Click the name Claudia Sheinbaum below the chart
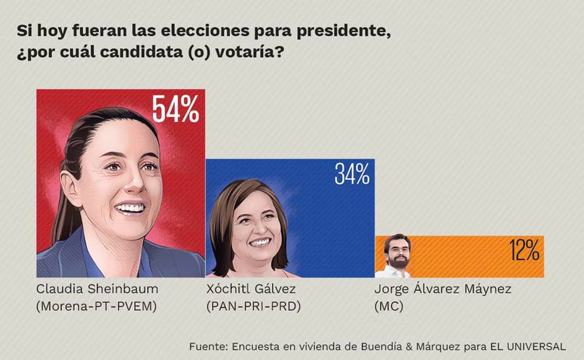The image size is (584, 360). (97, 289)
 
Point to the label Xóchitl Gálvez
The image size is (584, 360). (251, 289)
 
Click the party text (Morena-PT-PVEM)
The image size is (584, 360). (96, 307)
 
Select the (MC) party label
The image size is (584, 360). (388, 307)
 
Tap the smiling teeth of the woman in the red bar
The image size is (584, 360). (130, 208)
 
